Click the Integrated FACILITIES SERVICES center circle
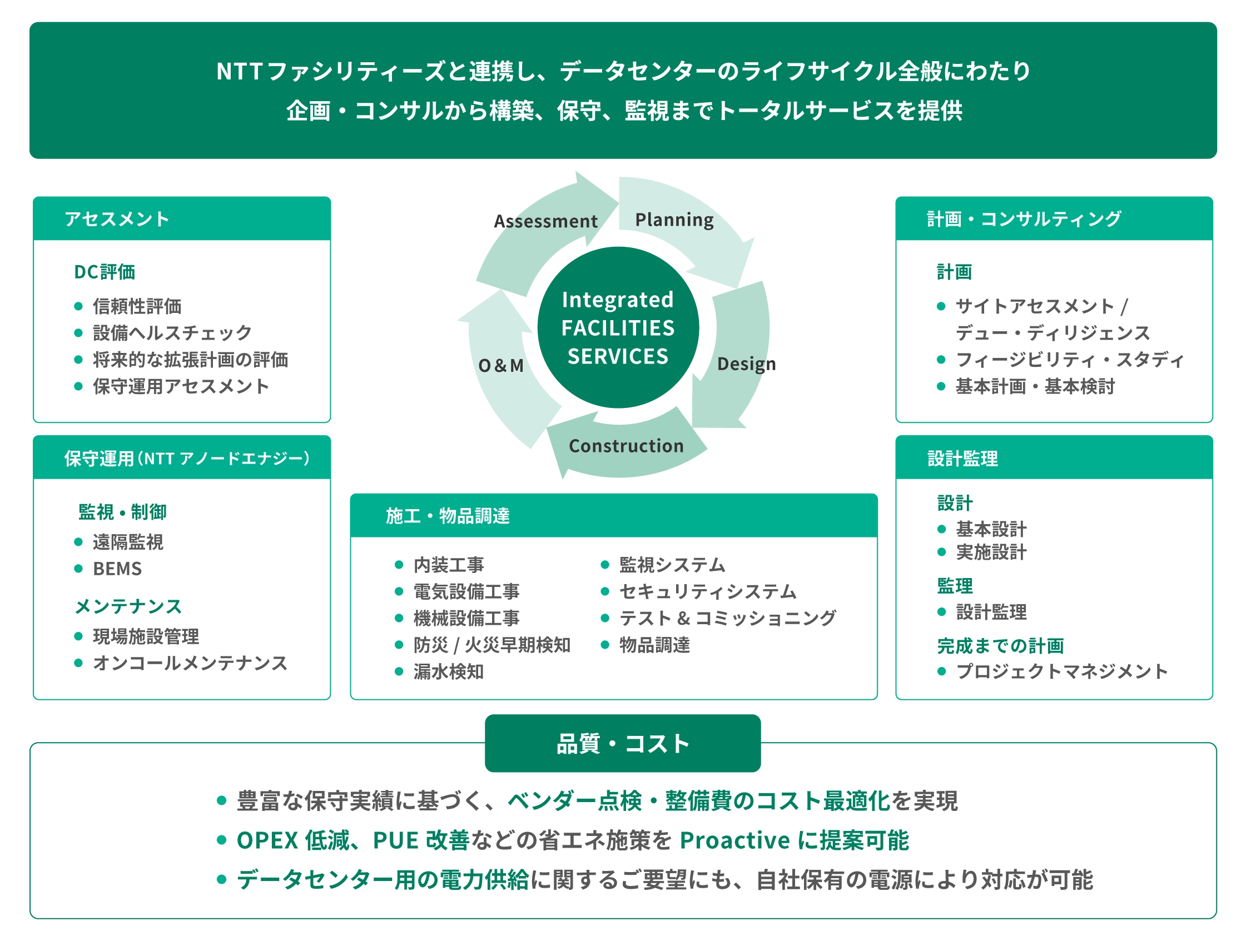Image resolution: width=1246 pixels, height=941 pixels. [618, 328]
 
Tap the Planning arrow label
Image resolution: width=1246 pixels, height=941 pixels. [674, 220]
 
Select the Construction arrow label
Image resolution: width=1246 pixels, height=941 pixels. [626, 446]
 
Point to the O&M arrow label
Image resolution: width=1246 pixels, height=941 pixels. [501, 366]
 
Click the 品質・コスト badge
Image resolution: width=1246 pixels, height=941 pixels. [622, 743]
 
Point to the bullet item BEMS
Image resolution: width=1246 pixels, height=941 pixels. [117, 569]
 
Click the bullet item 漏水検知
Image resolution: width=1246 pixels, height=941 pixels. [448, 672]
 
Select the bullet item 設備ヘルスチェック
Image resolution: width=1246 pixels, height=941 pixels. [172, 333]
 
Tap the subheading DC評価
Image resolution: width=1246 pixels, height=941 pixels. [105, 272]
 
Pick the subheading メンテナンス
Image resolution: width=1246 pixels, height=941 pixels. [128, 606]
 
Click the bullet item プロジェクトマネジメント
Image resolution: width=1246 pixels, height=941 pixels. [1062, 671]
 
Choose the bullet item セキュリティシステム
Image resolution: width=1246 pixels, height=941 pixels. [707, 591]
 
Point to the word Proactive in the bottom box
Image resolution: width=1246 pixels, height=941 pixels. [735, 840]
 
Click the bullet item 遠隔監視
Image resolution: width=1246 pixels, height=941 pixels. [128, 542]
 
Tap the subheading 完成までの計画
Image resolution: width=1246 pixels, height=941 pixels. [1000, 646]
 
